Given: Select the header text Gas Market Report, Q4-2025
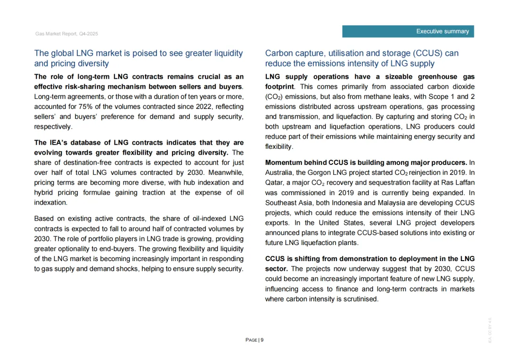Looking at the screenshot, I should (66, 34).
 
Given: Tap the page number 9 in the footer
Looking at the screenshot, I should (262, 340).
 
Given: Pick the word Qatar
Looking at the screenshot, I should (274, 182).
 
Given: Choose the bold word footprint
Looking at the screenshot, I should (279, 87).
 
